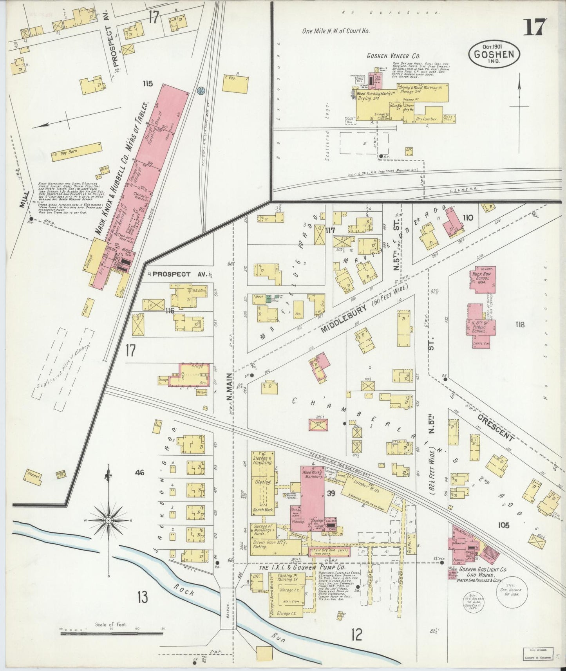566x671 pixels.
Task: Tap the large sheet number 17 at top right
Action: pyautogui.click(x=535, y=26)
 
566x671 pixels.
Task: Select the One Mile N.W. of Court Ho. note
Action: pyautogui.click(x=336, y=31)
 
